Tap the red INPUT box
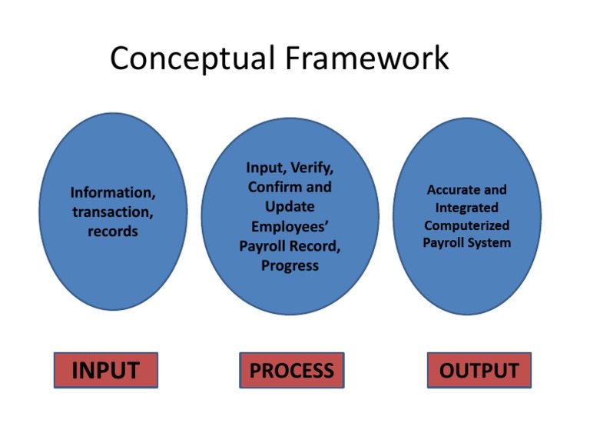click(105, 370)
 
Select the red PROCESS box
click(291, 370)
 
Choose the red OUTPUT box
click(479, 370)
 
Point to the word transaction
click(112, 212)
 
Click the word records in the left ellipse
click(112, 231)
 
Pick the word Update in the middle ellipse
click(290, 207)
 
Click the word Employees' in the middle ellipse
click(290, 227)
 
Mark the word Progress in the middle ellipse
click(290, 266)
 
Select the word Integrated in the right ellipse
click(466, 208)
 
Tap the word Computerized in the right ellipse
click(466, 225)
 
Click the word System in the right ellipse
click(489, 243)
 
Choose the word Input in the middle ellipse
click(264, 168)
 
